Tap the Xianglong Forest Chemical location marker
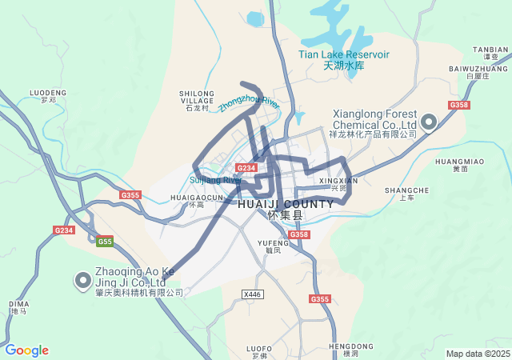(x=428, y=122)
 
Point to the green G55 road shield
(x=105, y=241)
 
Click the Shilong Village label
(x=197, y=97)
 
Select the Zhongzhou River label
(x=248, y=103)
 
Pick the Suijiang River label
(x=215, y=180)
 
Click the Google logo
(x=26, y=350)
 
